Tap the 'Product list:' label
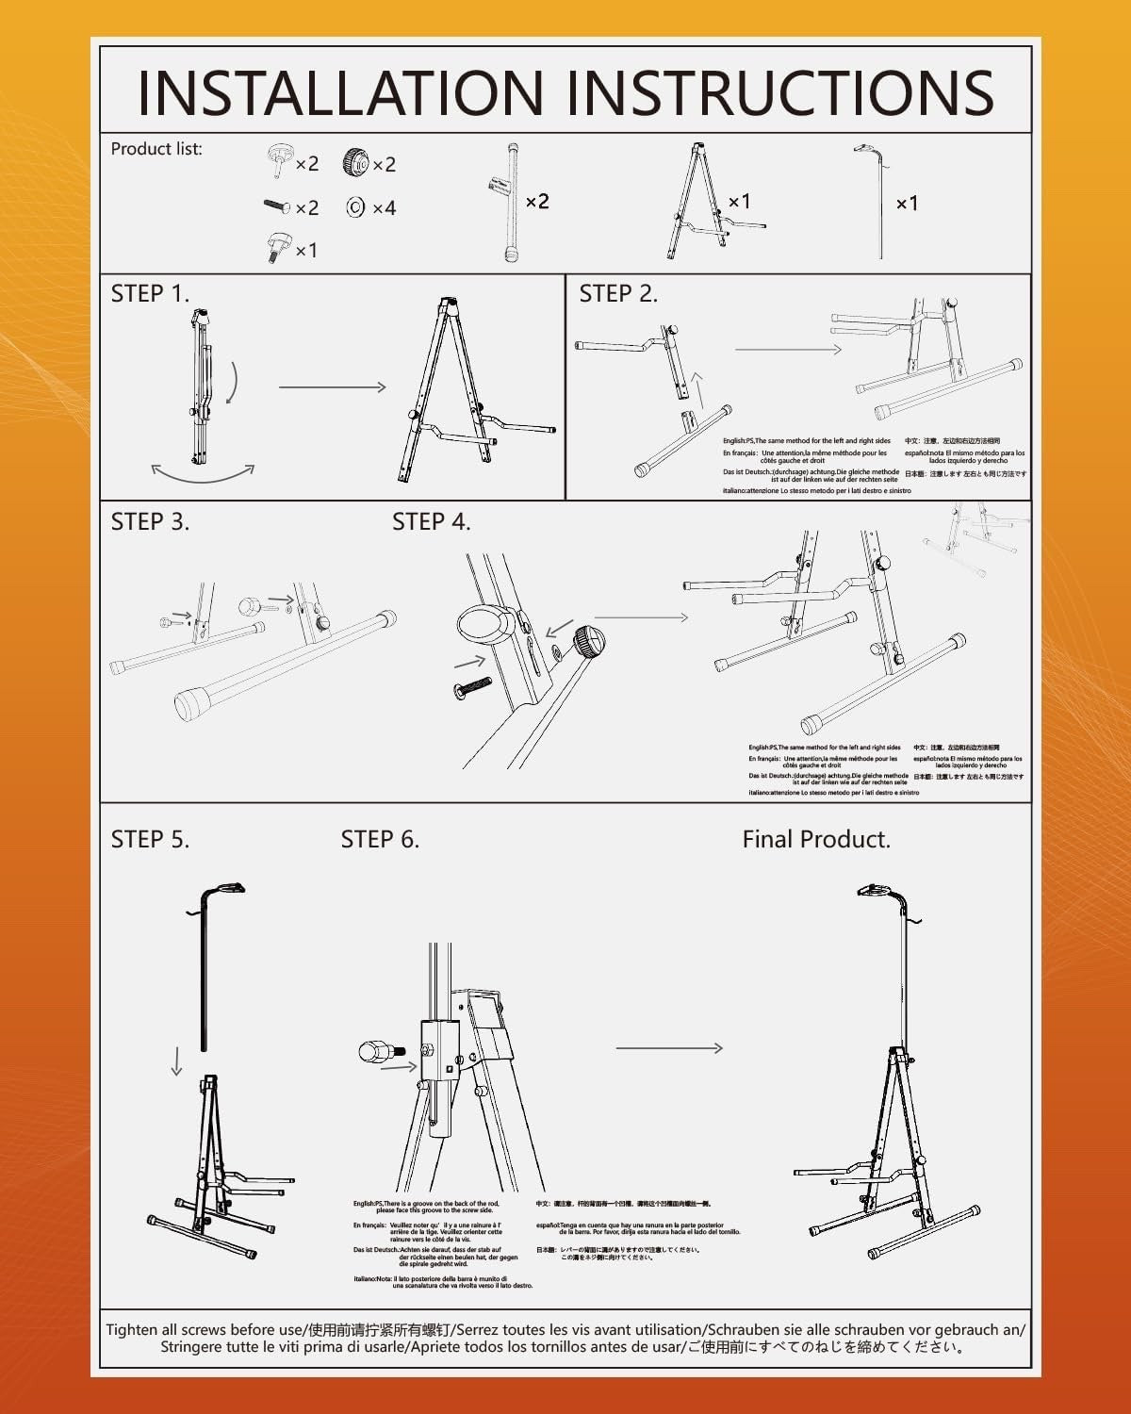point(156,149)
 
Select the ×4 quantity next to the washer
point(384,207)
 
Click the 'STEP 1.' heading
point(150,293)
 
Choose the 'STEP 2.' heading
point(618,293)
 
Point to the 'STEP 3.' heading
point(150,521)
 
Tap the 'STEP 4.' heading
point(431,521)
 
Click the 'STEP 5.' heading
point(150,839)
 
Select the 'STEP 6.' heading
point(380,839)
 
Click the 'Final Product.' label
point(816,839)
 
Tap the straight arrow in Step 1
point(332,386)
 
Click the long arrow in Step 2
point(788,350)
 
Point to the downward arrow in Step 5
point(176,1063)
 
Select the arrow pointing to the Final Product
point(669,1047)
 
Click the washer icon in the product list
point(355,207)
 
